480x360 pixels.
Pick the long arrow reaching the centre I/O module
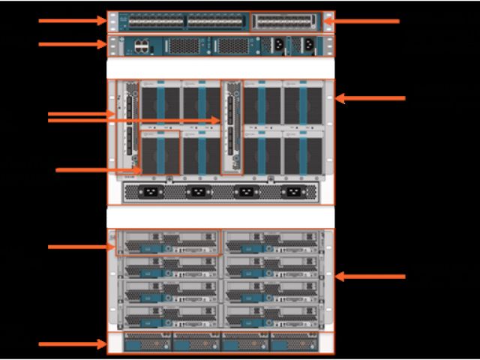coord(135,120)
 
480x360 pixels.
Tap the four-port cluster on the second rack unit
coord(142,46)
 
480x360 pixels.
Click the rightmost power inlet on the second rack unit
coord(308,44)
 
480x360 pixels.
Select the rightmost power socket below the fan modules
coord(292,192)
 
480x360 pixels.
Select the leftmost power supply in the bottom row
coord(148,343)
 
